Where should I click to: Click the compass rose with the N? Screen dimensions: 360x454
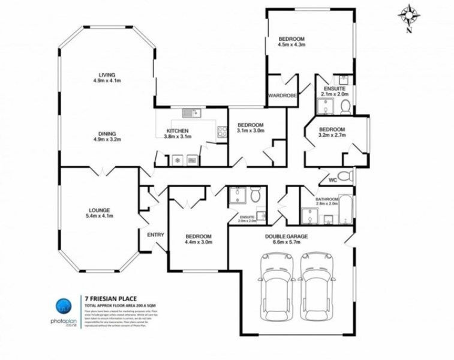tap(409, 15)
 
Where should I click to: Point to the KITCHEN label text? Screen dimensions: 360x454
tap(178, 131)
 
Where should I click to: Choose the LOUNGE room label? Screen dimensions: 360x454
tap(100, 210)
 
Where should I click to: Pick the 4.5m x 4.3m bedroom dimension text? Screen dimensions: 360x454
tap(292, 44)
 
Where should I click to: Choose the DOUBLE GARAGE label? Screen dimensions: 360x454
tap(286, 237)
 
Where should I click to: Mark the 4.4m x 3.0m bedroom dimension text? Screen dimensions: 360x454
tap(197, 242)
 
